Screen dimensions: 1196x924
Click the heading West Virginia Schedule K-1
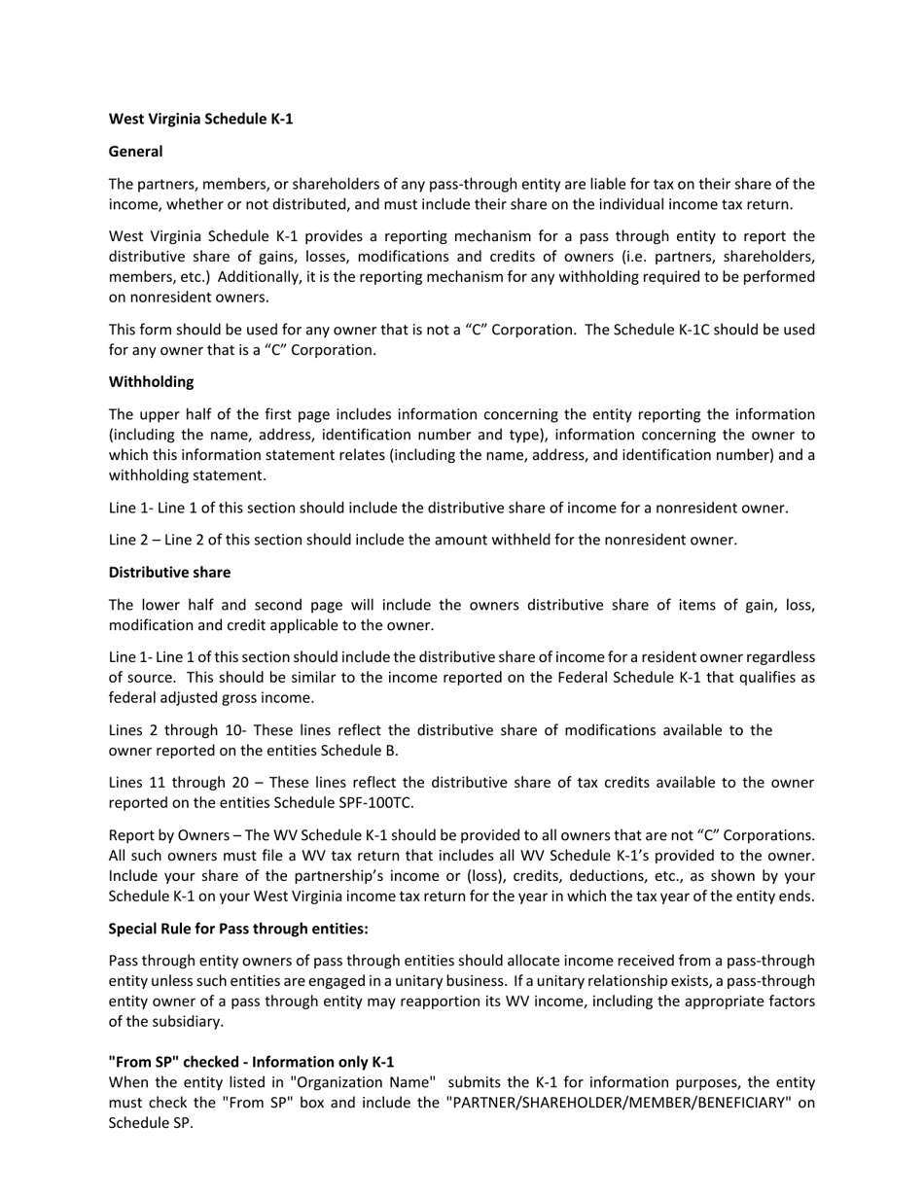[x=200, y=119]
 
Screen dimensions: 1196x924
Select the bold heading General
[x=135, y=152]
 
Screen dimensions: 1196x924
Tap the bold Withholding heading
[x=151, y=382]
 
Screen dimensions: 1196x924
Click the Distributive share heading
[x=169, y=572]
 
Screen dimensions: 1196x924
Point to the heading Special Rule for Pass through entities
[x=238, y=929]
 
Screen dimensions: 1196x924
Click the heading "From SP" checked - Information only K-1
[x=251, y=1062]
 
